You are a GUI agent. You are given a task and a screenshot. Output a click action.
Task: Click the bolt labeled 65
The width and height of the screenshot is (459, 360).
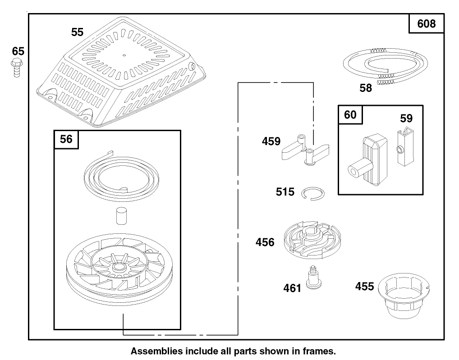point(17,68)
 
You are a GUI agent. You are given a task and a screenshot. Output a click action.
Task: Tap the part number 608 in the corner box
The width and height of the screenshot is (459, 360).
point(426,23)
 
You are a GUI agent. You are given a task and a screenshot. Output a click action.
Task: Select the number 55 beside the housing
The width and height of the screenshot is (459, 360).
point(77,32)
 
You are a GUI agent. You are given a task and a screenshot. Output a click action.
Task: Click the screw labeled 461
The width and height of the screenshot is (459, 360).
point(313,277)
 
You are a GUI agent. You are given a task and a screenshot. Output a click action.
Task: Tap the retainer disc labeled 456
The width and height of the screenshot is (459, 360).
point(312,241)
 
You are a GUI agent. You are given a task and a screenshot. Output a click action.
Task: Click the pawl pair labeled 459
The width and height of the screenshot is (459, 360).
point(305,150)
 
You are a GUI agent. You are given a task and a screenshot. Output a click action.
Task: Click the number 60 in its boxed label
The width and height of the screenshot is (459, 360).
point(350,114)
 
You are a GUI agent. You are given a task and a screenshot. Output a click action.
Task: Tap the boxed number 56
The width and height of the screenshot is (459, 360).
point(66,139)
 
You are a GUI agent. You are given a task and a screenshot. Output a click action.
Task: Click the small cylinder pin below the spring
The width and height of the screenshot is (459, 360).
point(121,216)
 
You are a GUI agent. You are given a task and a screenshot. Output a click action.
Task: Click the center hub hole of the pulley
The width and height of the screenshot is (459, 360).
point(118,266)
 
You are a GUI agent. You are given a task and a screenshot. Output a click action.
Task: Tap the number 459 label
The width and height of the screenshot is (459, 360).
point(271,141)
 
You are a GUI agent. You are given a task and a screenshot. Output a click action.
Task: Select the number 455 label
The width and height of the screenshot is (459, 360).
point(364,286)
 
